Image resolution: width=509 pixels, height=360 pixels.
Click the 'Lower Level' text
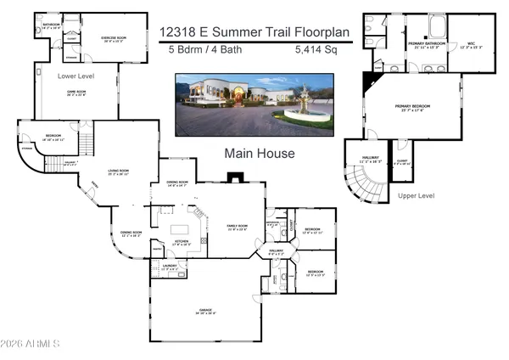pyautogui.click(x=76, y=76)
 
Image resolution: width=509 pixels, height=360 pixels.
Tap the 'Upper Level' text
pyautogui.click(x=416, y=195)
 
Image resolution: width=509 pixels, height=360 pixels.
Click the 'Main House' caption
pyautogui.click(x=259, y=154)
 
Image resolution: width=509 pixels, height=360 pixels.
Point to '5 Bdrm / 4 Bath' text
pyautogui.click(x=193, y=51)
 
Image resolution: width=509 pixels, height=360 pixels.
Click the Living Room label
pyautogui.click(x=118, y=173)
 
